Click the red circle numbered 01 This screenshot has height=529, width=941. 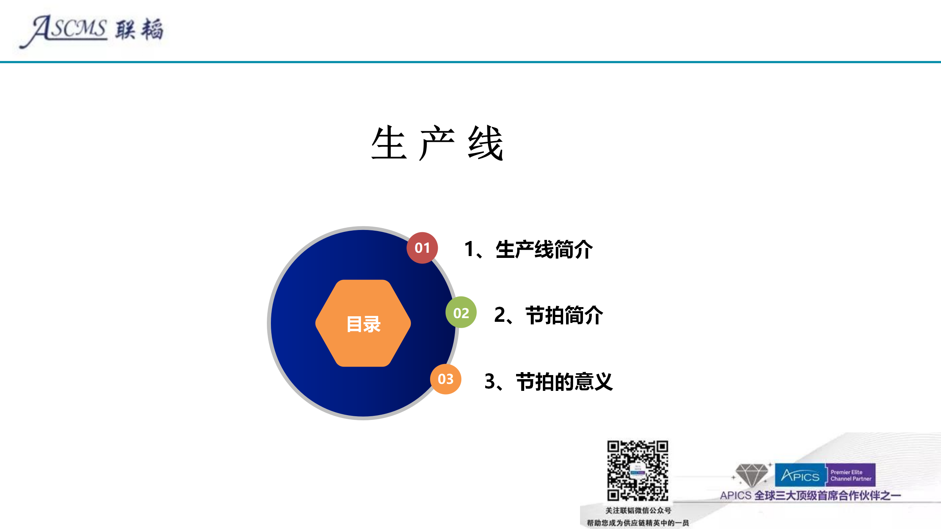pos(422,248)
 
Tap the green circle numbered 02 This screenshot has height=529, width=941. pos(461,313)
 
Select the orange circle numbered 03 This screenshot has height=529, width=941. pos(446,379)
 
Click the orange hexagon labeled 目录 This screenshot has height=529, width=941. pos(363,323)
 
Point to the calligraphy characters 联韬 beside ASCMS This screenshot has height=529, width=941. pos(139,29)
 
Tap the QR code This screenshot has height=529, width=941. pos(637,471)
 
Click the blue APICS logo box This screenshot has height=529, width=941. pos(800,475)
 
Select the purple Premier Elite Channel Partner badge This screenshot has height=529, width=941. pos(851,475)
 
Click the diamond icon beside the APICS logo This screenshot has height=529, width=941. pos(751,475)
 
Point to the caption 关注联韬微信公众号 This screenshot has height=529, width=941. pos(638,510)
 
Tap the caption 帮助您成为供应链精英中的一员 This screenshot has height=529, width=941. pos(638,523)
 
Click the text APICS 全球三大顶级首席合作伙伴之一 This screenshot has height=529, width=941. pos(810,496)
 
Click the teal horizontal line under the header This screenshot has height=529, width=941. pos(470,62)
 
